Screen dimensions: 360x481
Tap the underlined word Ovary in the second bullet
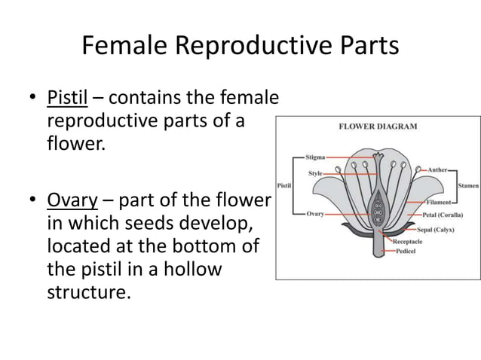[69, 202]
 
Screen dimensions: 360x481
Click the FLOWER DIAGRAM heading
[378, 127]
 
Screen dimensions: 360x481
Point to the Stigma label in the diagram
[316, 157]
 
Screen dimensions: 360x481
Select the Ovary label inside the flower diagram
[316, 214]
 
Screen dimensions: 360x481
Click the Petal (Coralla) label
[442, 214]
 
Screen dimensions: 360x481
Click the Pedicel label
[408, 252]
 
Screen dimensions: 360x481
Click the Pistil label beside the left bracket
[285, 185]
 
